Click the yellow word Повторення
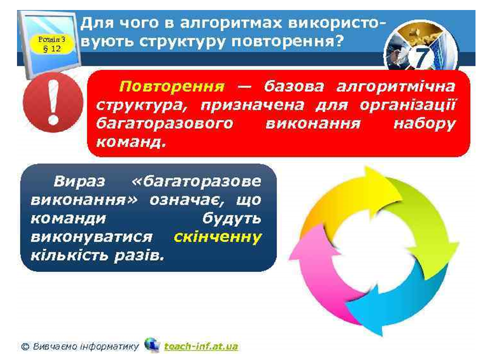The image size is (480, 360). pyautogui.click(x=171, y=86)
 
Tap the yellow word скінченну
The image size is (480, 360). pyautogui.click(x=217, y=237)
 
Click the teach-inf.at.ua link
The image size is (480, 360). pyautogui.click(x=201, y=346)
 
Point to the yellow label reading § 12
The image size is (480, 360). pyautogui.click(x=52, y=44)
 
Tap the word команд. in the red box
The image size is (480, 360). pyautogui.click(x=130, y=142)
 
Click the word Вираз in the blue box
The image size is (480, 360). pyautogui.click(x=79, y=181)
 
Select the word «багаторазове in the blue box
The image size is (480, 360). pyautogui.click(x=196, y=182)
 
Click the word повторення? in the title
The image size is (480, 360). pyautogui.click(x=287, y=41)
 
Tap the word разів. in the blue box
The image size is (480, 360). pyautogui.click(x=139, y=255)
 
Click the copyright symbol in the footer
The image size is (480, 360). pyautogui.click(x=25, y=346)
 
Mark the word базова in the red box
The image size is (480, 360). pyautogui.click(x=294, y=86)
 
